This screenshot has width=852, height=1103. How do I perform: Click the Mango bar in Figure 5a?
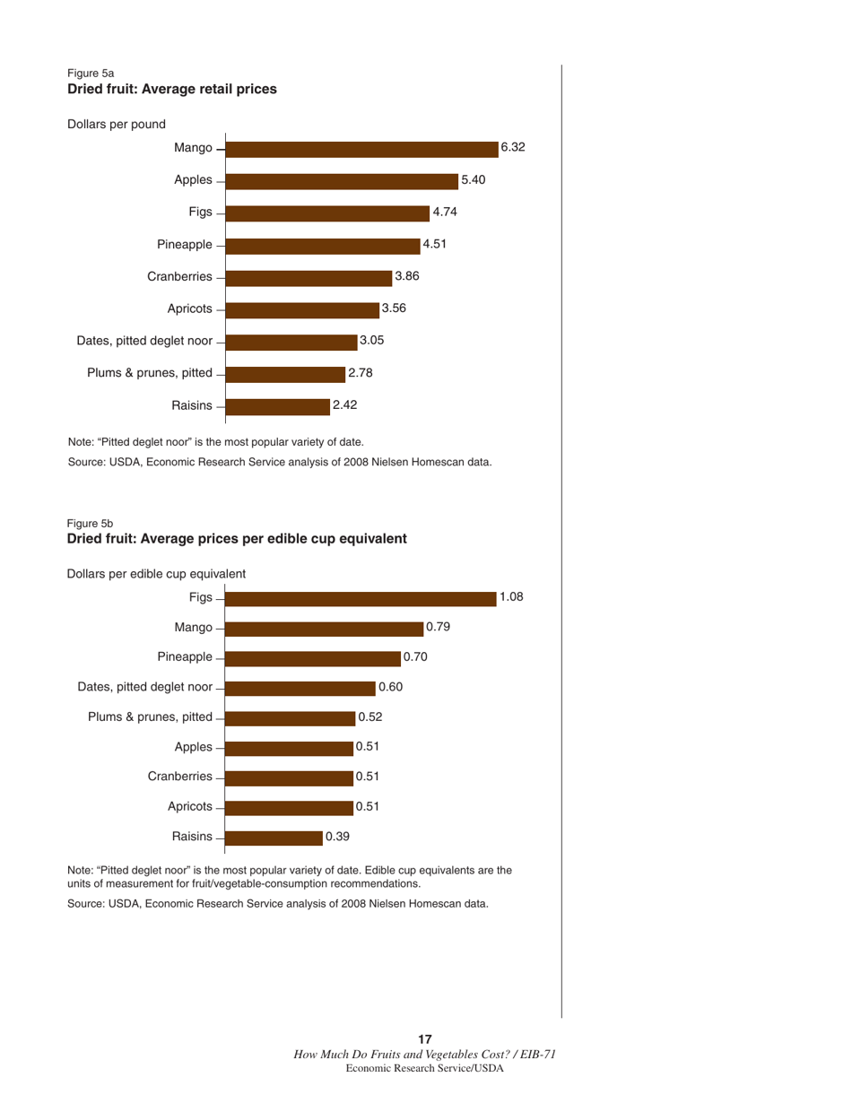362,149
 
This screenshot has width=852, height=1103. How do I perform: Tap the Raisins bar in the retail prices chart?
278,406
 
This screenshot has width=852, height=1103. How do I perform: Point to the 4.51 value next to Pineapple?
435,244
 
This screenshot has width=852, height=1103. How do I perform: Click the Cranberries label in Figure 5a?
180,277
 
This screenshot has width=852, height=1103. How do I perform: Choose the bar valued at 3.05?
292,342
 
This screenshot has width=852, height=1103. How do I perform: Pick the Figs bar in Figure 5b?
361,598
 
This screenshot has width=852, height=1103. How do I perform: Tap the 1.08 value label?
511,597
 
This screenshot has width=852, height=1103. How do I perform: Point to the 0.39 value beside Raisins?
337,837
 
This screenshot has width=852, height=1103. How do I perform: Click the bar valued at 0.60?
300,688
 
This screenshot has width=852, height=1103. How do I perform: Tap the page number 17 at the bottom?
426,1038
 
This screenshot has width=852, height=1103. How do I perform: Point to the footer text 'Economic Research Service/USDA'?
426,1070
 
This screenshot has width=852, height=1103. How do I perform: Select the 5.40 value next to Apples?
473,180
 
